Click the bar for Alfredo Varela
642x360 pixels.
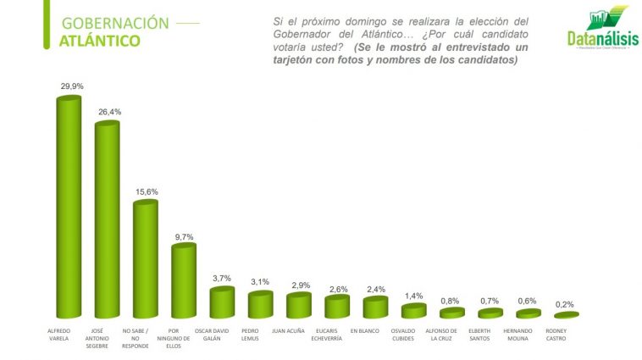click(68, 208)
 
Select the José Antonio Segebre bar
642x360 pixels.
click(107, 220)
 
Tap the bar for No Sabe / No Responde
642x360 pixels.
click(145, 258)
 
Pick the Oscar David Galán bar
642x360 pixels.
click(222, 302)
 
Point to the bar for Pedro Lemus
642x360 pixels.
click(260, 304)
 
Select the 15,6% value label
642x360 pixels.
click(146, 191)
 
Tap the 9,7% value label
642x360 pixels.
click(184, 236)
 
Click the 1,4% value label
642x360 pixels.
click(413, 296)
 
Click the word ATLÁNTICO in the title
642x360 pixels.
click(100, 41)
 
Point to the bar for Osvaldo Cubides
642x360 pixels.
click(413, 310)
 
